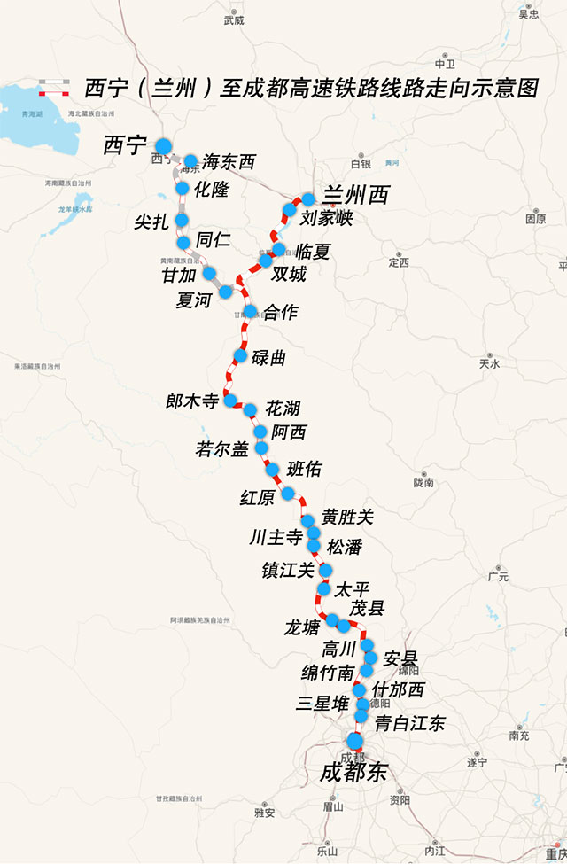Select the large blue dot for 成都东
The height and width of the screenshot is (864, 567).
tap(355, 741)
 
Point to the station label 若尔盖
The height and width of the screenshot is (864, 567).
tap(222, 449)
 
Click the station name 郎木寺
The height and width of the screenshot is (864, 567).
tap(192, 401)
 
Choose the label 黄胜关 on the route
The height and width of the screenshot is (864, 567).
tap(347, 517)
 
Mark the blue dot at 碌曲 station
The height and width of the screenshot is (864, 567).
tap(240, 355)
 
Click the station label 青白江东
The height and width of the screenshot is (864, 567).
tap(409, 723)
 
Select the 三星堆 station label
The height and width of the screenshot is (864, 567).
tap(322, 704)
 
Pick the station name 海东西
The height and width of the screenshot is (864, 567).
tap(229, 161)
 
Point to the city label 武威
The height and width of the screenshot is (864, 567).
tap(234, 19)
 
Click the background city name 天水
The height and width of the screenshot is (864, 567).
tap(489, 363)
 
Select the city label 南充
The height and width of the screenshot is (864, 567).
tap(520, 735)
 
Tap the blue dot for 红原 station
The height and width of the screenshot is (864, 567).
tap(287, 493)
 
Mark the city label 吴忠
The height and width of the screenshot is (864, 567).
tap(529, 13)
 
